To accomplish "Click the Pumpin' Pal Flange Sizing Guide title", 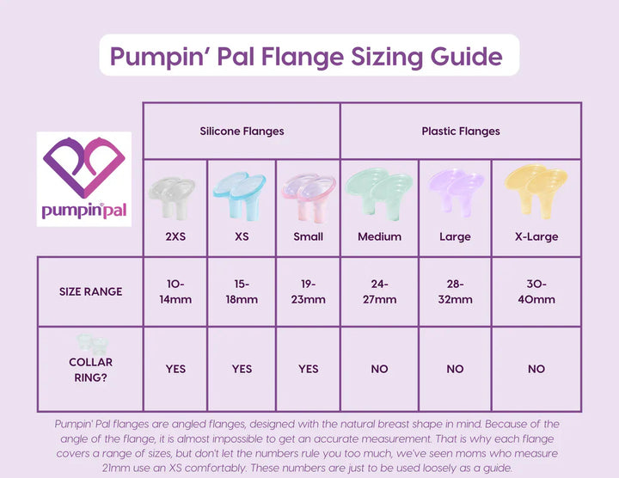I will tap(306, 58).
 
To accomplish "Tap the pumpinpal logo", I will tap(83, 178).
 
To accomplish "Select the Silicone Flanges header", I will tap(242, 132).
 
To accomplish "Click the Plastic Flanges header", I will tap(461, 132).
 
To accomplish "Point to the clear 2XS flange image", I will tap(174, 196).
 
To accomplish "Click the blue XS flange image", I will tap(242, 193).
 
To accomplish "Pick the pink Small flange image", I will tap(308, 194).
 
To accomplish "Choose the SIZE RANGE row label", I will tap(90, 291).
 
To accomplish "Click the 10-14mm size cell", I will tap(175, 291).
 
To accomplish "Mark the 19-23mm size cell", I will tap(308, 291).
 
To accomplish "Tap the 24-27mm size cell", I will tap(379, 291).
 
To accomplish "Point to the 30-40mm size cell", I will tap(536, 291).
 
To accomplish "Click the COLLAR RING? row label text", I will tap(90, 370).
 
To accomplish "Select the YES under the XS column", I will tap(242, 369).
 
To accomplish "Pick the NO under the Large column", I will tap(455, 369).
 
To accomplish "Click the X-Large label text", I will tap(536, 236).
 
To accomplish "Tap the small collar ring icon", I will tap(90, 342).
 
